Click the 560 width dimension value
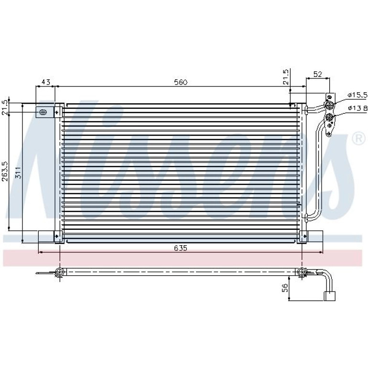pyautogui.click(x=181, y=82)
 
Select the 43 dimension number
pyautogui.click(x=46, y=82)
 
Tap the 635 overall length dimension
pyautogui.click(x=181, y=248)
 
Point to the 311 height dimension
pyautogui.click(x=18, y=173)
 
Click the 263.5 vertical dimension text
pyautogui.click(x=5, y=171)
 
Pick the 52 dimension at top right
pyautogui.click(x=317, y=74)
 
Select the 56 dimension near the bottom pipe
pyautogui.click(x=285, y=288)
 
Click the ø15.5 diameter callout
pyautogui.click(x=357, y=95)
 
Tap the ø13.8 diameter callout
pyautogui.click(x=357, y=108)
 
